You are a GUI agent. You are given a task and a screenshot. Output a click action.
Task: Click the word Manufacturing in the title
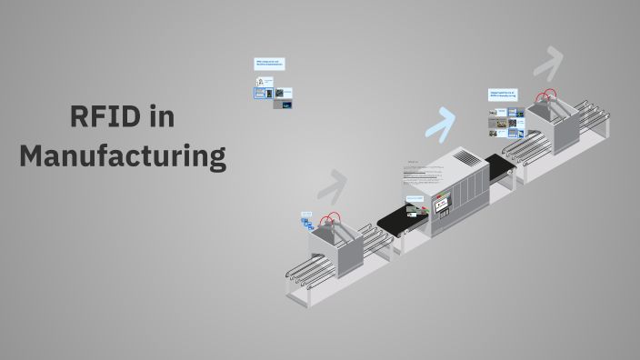[123, 155]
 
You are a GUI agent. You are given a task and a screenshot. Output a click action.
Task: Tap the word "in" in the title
[164, 116]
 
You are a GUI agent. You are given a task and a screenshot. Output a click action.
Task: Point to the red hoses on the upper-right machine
[546, 94]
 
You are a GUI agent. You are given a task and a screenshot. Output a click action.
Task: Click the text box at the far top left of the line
[269, 65]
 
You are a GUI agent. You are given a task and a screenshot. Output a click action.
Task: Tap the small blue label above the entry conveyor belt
[415, 198]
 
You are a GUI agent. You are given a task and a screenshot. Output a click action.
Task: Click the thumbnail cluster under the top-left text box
[274, 95]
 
